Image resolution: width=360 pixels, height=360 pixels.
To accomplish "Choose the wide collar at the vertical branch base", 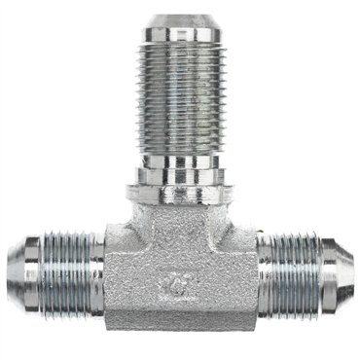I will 180,179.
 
